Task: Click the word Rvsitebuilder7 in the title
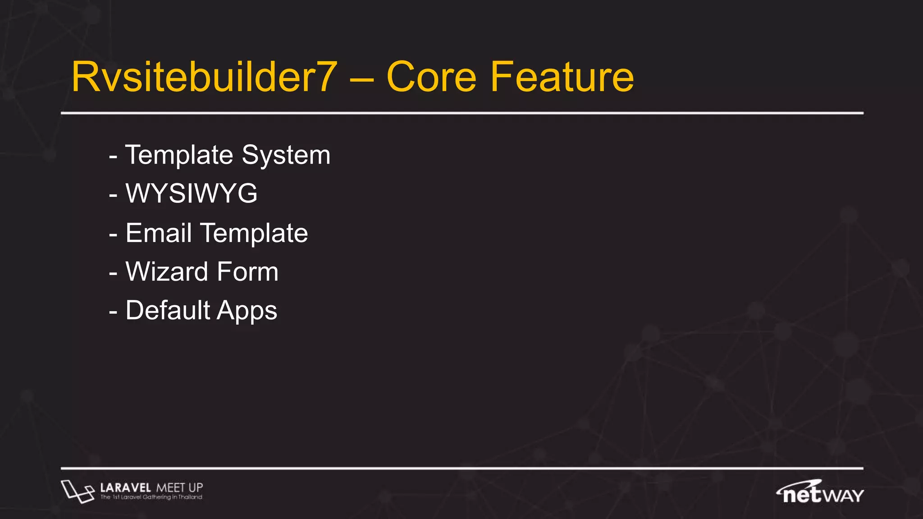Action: point(204,77)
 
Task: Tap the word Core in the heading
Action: point(431,77)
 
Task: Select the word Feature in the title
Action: point(562,77)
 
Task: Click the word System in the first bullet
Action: point(286,156)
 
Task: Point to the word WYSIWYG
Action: point(192,194)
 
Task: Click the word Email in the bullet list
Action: point(159,233)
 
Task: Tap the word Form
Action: point(247,272)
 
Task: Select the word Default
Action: point(168,310)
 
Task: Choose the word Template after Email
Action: point(254,233)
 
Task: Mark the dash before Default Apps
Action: point(113,312)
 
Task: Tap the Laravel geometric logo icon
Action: point(77,491)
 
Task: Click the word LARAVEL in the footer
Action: point(125,487)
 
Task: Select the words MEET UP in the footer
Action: point(179,487)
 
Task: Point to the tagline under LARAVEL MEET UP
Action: point(151,497)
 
